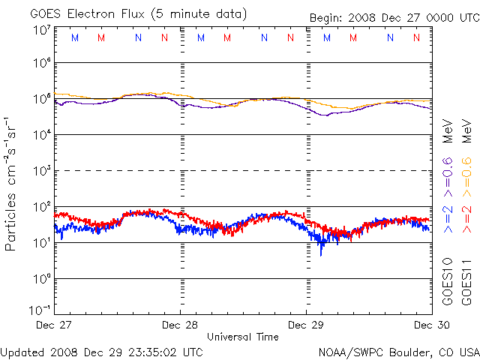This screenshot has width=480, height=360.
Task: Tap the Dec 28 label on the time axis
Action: [180, 325]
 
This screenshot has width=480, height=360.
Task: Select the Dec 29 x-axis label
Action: [306, 325]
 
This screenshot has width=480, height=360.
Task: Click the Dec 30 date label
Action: [430, 325]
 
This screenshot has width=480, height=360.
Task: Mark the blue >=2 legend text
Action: [447, 217]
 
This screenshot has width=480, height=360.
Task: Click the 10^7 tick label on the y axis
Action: [42, 30]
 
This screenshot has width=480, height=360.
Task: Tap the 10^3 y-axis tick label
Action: [42, 170]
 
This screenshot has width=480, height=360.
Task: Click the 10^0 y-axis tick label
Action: [42, 278]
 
